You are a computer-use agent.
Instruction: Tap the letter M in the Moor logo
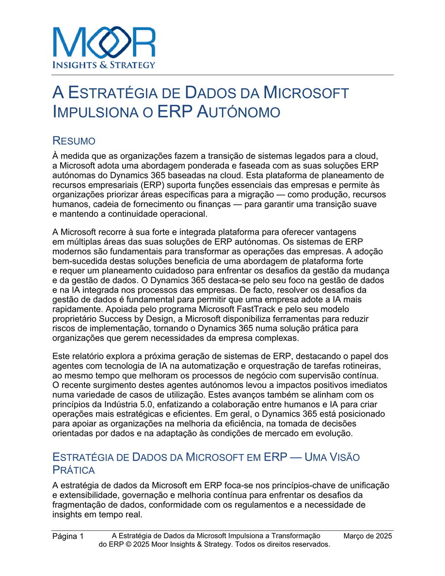68,43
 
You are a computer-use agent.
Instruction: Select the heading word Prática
74,470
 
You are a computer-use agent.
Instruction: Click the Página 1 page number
68,536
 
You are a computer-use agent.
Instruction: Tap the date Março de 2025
367,536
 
